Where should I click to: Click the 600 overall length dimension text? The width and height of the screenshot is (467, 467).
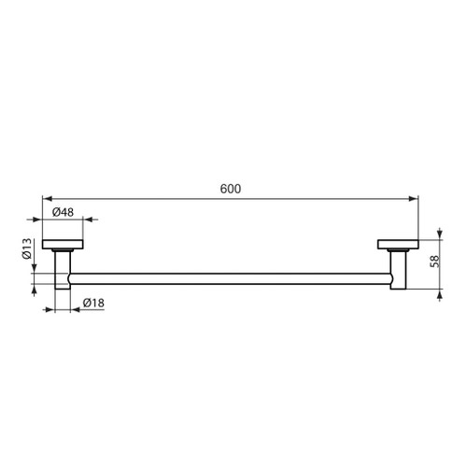[231, 189]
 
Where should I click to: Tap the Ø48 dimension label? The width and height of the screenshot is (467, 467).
[64, 212]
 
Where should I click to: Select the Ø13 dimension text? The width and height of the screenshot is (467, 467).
[27, 248]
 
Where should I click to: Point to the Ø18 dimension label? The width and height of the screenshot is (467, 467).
[92, 303]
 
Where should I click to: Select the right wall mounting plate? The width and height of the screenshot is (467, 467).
[397, 245]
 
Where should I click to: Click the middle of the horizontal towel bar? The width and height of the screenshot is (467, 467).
[231, 276]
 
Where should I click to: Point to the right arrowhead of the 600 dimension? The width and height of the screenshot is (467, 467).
[414, 198]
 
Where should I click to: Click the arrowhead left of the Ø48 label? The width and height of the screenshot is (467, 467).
[46, 220]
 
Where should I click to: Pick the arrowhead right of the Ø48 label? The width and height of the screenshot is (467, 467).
[80, 220]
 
